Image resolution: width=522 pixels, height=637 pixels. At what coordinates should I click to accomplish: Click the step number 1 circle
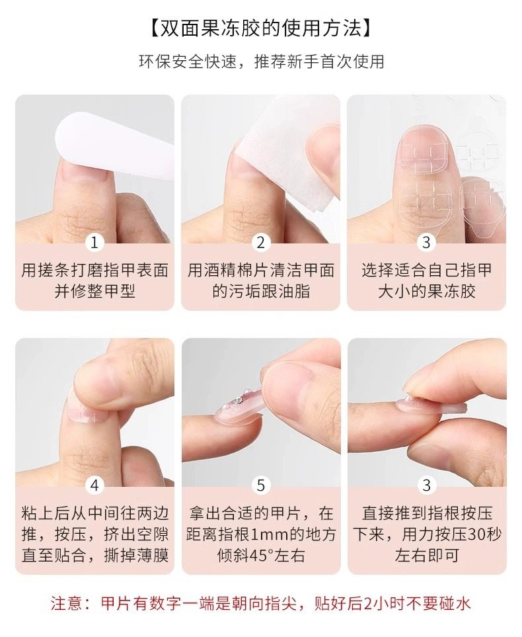click(x=94, y=243)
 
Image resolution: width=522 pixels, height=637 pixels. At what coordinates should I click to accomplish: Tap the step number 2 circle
click(x=260, y=243)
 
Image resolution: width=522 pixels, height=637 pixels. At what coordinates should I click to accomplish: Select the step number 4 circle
click(x=94, y=485)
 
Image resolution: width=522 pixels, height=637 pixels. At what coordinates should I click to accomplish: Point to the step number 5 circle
click(x=260, y=485)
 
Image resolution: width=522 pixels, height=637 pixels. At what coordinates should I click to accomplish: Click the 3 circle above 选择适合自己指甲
click(x=426, y=243)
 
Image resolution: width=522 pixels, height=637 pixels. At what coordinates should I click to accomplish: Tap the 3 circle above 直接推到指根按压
click(x=426, y=485)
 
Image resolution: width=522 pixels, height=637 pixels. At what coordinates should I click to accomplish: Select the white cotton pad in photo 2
click(x=284, y=163)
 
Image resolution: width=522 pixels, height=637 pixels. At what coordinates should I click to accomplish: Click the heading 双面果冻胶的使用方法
click(x=260, y=28)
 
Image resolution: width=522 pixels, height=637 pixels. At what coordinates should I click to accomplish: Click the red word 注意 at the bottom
click(x=67, y=604)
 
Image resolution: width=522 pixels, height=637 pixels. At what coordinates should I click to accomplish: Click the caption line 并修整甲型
click(x=94, y=291)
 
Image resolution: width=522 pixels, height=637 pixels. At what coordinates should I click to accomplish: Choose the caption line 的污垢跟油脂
click(x=260, y=291)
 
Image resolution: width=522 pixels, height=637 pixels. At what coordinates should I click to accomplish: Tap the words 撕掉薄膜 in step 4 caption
click(x=136, y=556)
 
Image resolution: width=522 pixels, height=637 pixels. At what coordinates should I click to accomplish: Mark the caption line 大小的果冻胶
click(x=426, y=291)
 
